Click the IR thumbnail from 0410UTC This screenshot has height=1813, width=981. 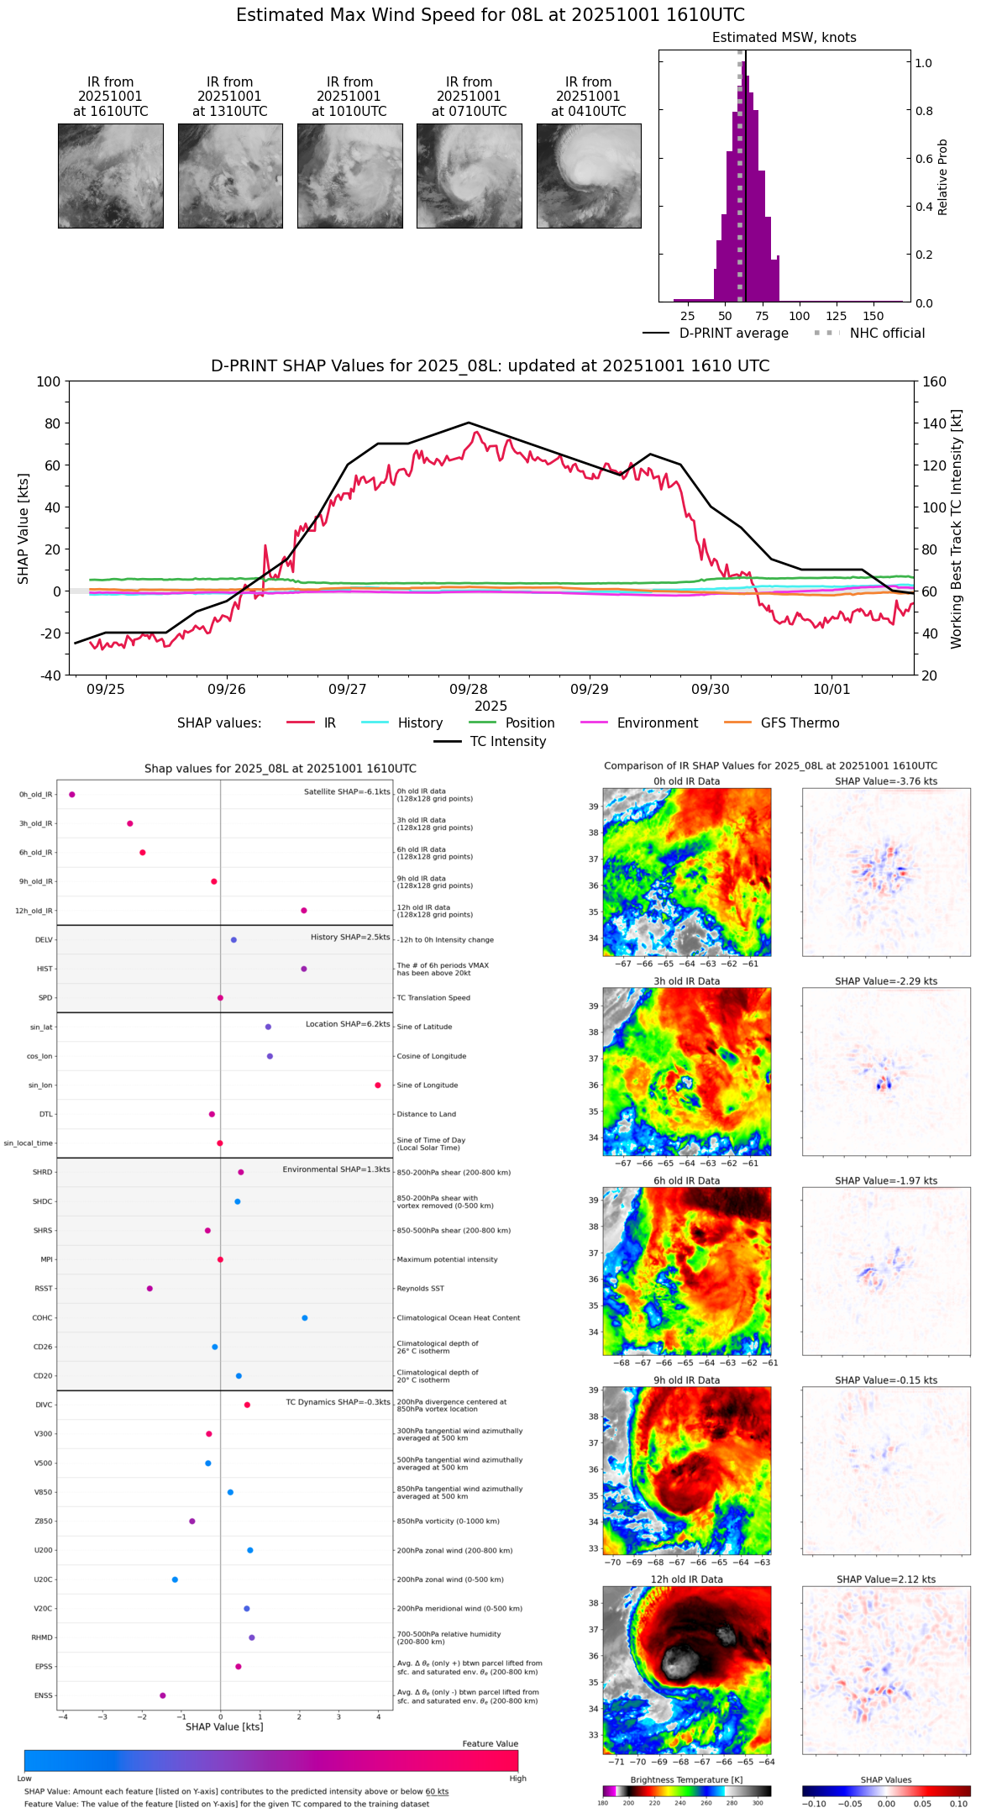[x=589, y=176]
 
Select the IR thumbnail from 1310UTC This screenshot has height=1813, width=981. [x=230, y=176]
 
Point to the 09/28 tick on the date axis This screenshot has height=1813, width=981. [x=469, y=689]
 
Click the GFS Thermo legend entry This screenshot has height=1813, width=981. [x=782, y=723]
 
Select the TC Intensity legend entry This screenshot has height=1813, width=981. [x=490, y=742]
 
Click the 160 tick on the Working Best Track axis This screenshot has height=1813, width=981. [x=934, y=381]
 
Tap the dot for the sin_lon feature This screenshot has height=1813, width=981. [x=378, y=1085]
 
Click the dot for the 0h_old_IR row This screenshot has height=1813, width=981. [x=72, y=795]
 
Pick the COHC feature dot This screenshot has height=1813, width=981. [x=305, y=1318]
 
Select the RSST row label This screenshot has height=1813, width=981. [x=44, y=1289]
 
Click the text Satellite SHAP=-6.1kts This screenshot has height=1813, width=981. [x=347, y=792]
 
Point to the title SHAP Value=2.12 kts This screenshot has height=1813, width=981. [x=886, y=1579]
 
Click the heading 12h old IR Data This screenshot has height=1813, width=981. [x=686, y=1579]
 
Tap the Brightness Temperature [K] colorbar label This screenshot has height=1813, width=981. [x=686, y=1779]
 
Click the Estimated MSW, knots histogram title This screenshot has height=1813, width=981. [x=784, y=38]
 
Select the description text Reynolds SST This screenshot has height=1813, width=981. [x=421, y=1289]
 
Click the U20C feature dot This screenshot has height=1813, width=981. [x=175, y=1579]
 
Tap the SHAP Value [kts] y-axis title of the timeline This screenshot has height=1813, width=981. [x=24, y=528]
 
